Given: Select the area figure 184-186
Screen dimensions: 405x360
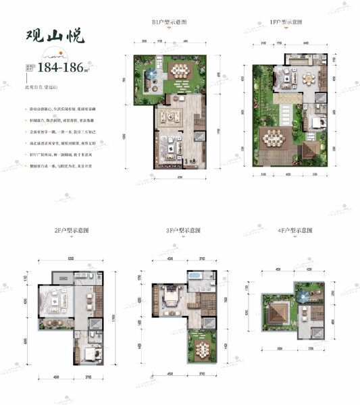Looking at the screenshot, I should pos(76,67).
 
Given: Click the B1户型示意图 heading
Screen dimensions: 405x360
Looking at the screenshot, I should pos(170,22).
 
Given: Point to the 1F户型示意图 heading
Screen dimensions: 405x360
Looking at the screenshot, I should pos(286,22).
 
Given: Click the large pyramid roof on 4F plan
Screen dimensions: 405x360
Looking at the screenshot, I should pos(277,315).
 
